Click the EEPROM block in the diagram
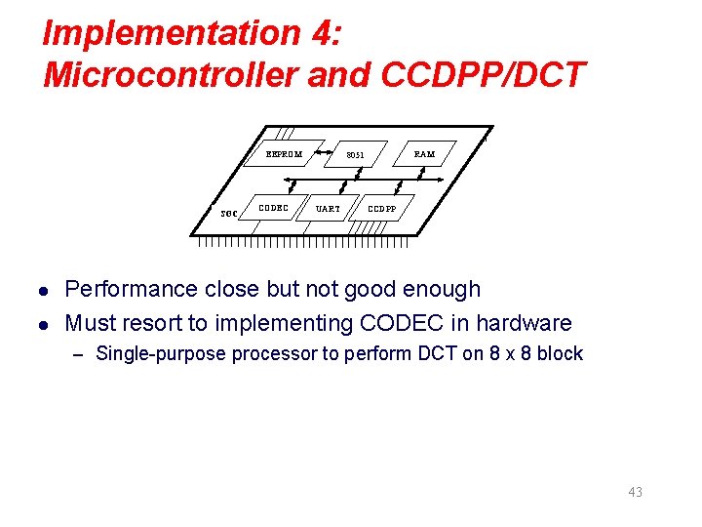pyautogui.click(x=284, y=154)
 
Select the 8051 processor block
pyautogui.click(x=355, y=155)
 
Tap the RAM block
pyautogui.click(x=424, y=154)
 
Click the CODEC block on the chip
pyautogui.click(x=272, y=207)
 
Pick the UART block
pyautogui.click(x=328, y=208)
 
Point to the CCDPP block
pyautogui.click(x=381, y=208)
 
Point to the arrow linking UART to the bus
pyautogui.click(x=340, y=188)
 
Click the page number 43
pyautogui.click(x=635, y=492)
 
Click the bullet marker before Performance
pyautogui.click(x=43, y=290)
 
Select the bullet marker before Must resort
pyautogui.click(x=43, y=323)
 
